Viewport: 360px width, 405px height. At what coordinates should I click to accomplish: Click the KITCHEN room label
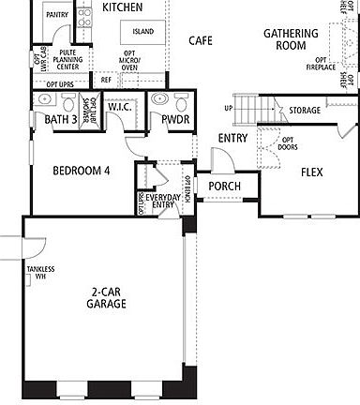coord(124,7)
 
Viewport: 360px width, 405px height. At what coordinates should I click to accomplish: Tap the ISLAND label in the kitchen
coord(143,32)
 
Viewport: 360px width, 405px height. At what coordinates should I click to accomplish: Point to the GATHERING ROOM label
coord(291,39)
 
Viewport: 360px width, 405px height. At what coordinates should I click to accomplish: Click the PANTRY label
coord(55,15)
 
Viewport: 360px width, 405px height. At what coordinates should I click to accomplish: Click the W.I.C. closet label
coord(119,108)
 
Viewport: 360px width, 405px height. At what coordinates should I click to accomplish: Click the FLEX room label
coord(312,172)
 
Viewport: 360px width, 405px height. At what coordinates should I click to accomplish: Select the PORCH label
coord(226,186)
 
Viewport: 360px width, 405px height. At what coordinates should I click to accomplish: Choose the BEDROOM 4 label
coord(82,171)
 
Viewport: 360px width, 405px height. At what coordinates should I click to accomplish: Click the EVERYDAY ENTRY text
coord(163,201)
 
